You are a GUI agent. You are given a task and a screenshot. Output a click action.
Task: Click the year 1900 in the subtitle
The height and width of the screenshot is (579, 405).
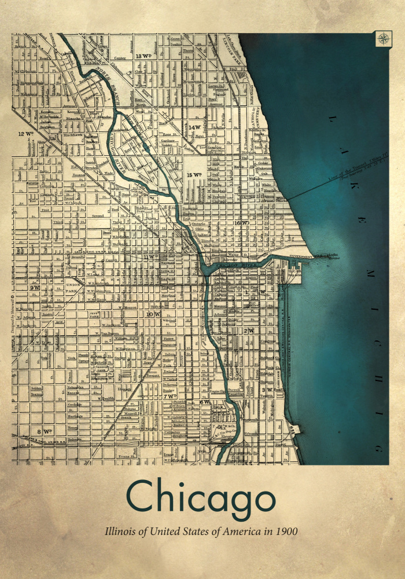(286, 530)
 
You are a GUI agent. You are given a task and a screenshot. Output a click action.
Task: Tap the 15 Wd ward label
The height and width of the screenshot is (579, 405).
(194, 174)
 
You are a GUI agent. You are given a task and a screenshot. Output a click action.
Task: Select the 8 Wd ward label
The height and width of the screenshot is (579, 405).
(45, 431)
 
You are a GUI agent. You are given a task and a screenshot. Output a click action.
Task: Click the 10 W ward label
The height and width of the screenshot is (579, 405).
(153, 314)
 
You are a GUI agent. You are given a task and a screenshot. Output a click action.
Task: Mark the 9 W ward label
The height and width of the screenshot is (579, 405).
(35, 287)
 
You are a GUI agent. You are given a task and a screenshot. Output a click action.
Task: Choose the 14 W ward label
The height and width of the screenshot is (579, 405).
(194, 127)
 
